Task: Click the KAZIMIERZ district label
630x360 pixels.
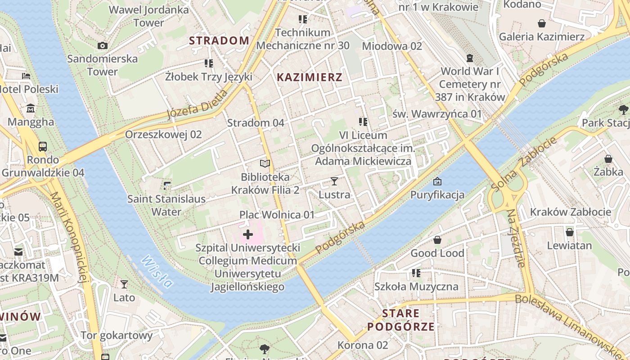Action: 310,77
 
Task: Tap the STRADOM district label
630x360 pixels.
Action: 219,40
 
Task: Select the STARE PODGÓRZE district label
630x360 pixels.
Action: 401,320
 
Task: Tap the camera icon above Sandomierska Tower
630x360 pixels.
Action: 103,45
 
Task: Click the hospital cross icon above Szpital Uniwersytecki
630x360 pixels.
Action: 248,234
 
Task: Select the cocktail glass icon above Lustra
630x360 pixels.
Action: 334,181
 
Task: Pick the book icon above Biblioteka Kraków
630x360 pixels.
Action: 265,164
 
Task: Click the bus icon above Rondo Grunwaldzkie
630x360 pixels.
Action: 43,146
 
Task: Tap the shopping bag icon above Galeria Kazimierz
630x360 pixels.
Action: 542,23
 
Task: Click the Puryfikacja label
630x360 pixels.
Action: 437,195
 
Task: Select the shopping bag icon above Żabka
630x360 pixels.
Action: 608,159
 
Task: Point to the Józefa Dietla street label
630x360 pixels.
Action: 198,105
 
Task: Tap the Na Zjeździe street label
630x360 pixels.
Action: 515,238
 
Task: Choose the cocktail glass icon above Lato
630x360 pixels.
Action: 124,284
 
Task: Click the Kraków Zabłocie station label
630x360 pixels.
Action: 570,212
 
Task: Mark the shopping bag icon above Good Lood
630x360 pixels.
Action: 437,240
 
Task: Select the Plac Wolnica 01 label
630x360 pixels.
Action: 277,215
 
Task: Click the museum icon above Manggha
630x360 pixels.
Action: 31,108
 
